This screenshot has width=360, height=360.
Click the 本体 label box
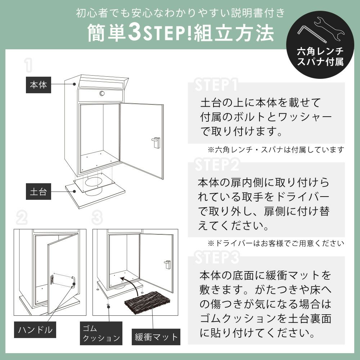39,85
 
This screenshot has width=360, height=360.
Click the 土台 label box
39,192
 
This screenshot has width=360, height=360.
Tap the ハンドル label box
35,330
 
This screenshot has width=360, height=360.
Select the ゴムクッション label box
101,333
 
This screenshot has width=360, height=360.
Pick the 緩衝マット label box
156,337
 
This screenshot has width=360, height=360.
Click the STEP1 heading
216,85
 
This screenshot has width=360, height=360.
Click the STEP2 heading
217,165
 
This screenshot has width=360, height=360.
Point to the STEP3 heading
217,257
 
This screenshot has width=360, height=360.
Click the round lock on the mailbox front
102,94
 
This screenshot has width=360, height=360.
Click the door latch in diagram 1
156,142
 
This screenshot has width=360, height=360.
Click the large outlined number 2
22,218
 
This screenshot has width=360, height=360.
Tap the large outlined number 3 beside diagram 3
97,218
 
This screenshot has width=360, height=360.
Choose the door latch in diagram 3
167,265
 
